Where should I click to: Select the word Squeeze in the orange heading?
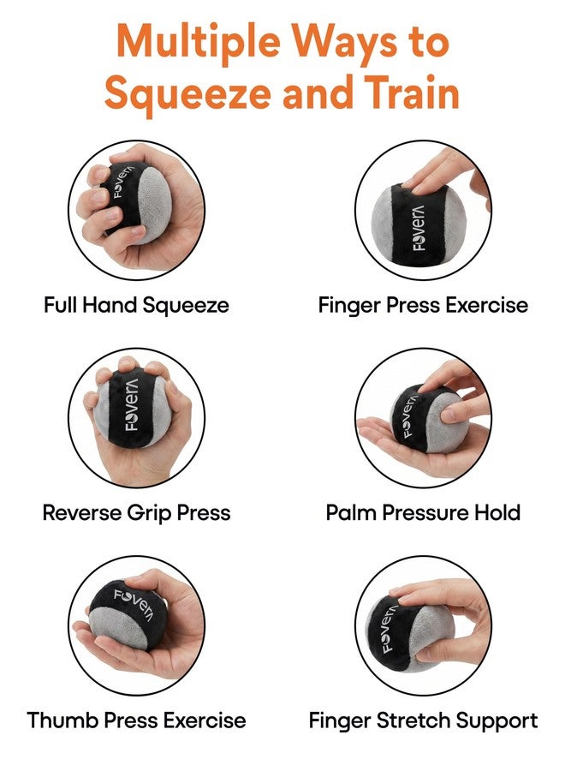click(187, 96)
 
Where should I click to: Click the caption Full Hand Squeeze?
click(136, 305)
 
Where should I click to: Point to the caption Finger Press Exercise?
click(423, 305)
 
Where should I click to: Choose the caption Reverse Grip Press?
click(137, 513)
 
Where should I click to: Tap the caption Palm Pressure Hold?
click(423, 513)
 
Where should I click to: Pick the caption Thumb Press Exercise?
click(137, 720)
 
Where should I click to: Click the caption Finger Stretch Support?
click(423, 721)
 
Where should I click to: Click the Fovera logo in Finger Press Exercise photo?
click(419, 228)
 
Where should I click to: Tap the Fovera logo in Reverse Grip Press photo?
click(132, 404)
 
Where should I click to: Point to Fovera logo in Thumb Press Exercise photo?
click(134, 603)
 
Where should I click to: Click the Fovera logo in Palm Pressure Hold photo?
click(410, 416)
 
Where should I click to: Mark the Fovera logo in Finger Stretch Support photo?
click(387, 627)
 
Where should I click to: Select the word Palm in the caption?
click(352, 513)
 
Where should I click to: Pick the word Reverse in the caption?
click(82, 513)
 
